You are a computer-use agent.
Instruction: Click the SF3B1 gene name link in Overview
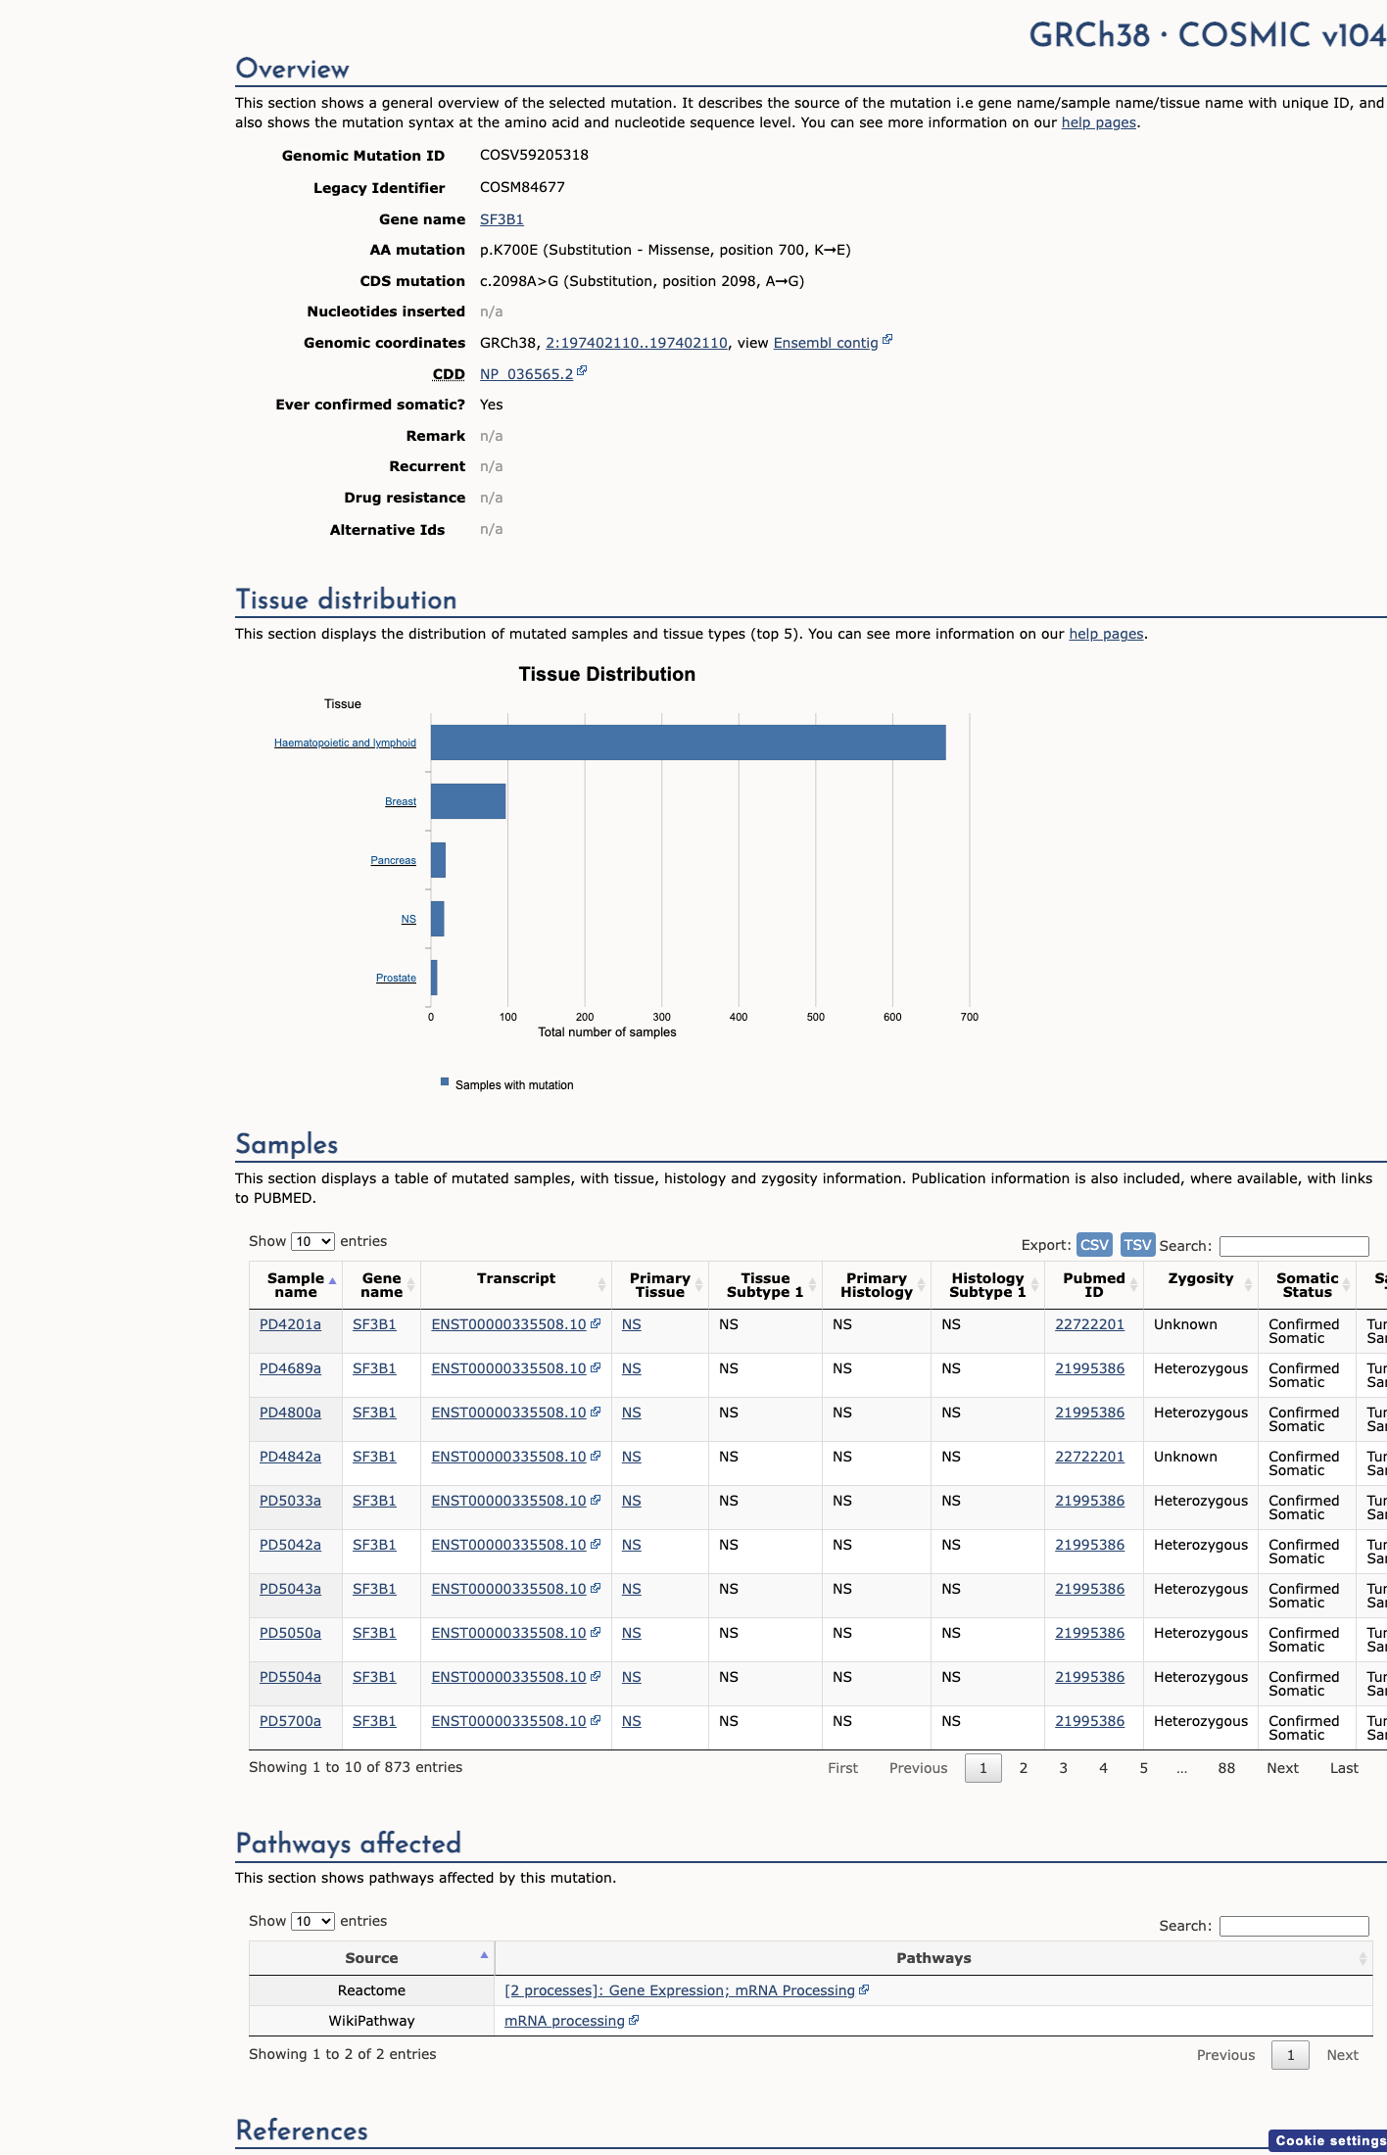pos(502,219)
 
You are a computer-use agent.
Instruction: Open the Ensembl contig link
pos(826,343)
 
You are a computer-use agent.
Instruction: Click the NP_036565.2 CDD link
pos(526,374)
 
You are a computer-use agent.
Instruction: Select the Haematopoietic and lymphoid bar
pos(689,742)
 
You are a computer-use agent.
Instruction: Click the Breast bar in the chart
pos(468,801)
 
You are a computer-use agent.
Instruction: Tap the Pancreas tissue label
pos(393,860)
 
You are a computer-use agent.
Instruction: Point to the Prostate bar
pos(434,978)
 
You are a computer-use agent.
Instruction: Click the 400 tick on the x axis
pos(739,1017)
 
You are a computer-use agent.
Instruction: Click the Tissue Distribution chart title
pos(607,674)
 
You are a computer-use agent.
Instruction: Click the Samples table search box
pos(1294,1246)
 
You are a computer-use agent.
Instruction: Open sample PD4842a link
pos(290,1457)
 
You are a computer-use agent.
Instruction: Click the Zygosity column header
pos(1201,1278)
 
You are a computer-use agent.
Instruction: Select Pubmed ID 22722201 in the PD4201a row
pos(1089,1324)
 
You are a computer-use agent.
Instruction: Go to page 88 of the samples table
pos(1226,1768)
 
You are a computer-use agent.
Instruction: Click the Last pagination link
pos(1344,1768)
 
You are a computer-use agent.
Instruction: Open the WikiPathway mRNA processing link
pos(564,2021)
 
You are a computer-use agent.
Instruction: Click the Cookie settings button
pos(1330,2140)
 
